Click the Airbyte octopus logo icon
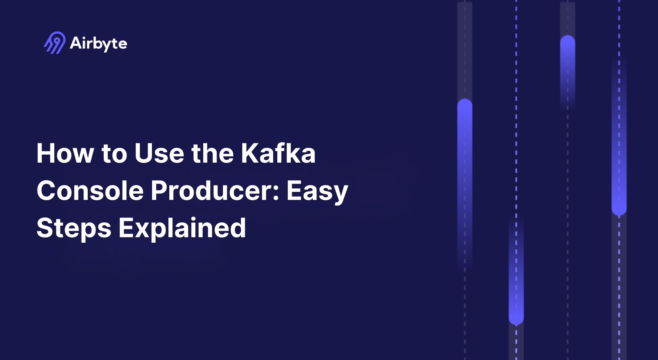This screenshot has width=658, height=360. [x=54, y=43]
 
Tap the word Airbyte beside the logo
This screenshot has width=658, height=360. [x=98, y=43]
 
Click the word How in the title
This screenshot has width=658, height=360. [x=65, y=153]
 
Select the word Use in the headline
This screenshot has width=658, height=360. [x=159, y=153]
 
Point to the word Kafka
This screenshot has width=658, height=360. [x=278, y=153]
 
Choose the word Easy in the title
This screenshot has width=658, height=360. [x=317, y=192]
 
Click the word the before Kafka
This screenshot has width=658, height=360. [x=212, y=153]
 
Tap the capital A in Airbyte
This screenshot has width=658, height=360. [x=76, y=43]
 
